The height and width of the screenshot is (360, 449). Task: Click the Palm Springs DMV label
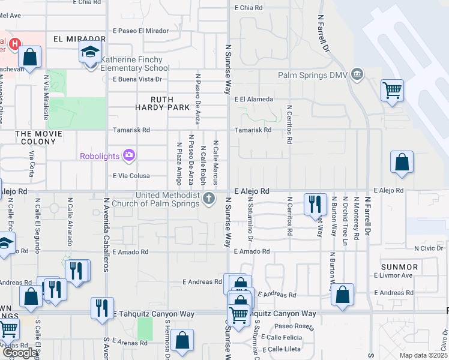click(313, 75)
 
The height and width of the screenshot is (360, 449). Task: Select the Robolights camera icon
click(128, 156)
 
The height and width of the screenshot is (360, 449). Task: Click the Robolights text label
click(100, 157)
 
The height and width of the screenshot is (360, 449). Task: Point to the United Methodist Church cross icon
click(209, 198)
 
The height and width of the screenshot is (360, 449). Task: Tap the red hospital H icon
click(14, 44)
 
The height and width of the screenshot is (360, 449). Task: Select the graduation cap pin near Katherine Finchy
click(91, 53)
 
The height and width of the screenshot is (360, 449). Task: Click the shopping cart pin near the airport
click(392, 91)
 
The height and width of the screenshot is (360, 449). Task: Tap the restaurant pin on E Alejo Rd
click(315, 205)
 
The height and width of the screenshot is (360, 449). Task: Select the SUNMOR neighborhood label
click(399, 266)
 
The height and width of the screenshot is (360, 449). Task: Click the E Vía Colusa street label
click(131, 176)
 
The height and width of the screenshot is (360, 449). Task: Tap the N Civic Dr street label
click(427, 248)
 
